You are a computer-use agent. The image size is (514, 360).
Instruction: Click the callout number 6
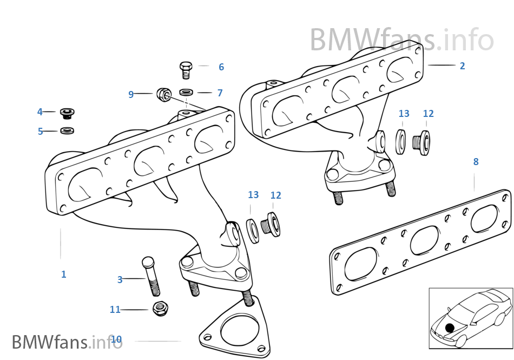point(221,67)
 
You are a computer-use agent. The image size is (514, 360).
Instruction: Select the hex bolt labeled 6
point(186,70)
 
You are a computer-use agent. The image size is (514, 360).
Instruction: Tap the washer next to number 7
point(186,92)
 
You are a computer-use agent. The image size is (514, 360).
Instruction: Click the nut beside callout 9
point(164,94)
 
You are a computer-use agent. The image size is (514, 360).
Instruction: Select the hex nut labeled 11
point(160,309)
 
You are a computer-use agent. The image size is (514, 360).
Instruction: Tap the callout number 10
point(116,340)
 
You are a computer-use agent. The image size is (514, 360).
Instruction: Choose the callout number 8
point(476,161)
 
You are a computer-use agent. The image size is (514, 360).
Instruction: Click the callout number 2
point(462,66)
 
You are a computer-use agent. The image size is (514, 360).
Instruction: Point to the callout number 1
point(63,274)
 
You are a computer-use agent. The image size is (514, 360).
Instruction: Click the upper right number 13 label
point(404,114)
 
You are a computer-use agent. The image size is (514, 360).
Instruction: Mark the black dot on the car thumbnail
point(450,328)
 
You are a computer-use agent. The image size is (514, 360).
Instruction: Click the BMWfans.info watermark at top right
point(401,40)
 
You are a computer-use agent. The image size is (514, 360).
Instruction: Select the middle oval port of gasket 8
point(424,240)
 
